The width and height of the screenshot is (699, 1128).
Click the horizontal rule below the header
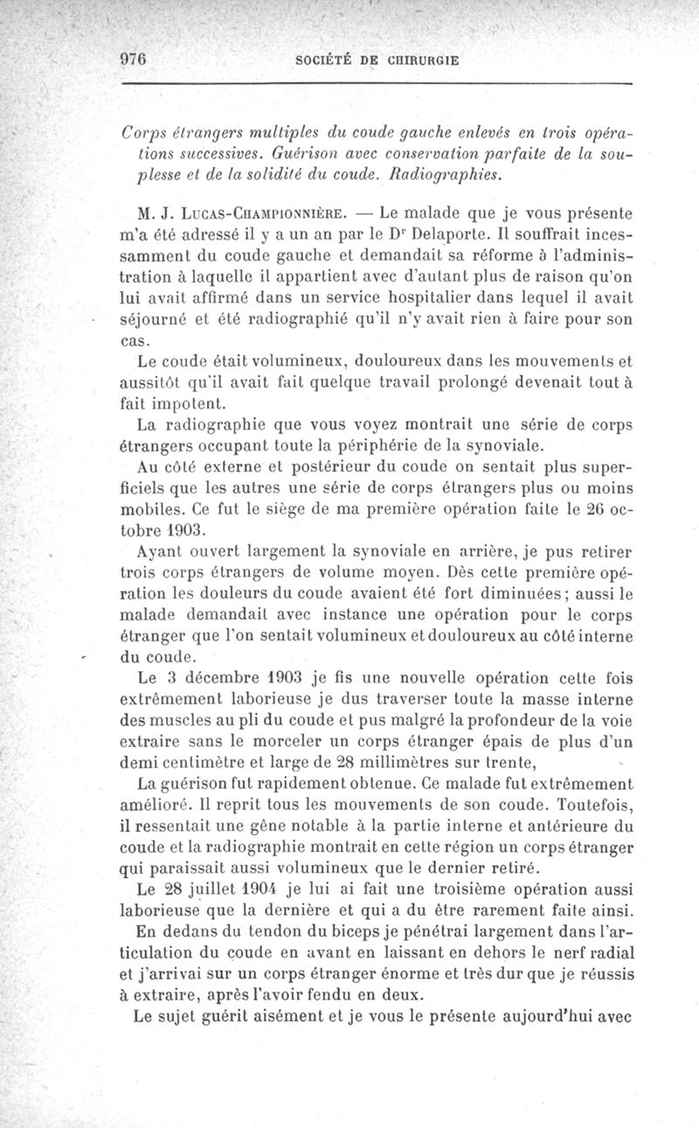(376, 84)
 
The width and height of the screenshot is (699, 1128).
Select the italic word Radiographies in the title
(445, 173)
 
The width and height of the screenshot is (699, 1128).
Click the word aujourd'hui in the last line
(550, 1017)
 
